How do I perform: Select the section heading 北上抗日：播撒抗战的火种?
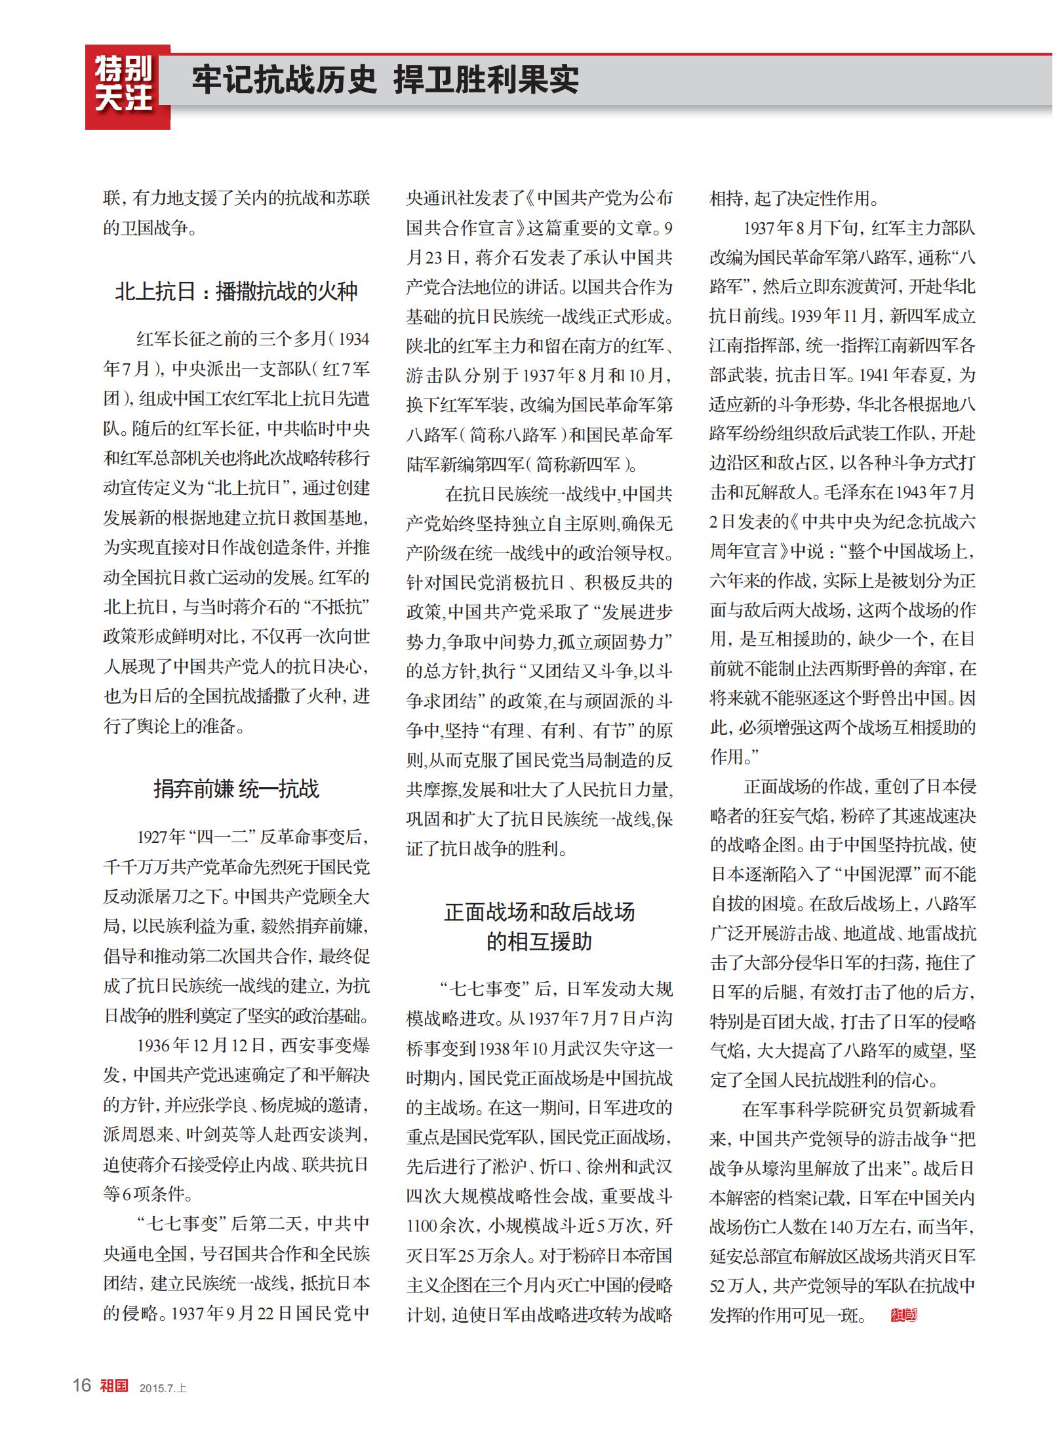[x=236, y=291]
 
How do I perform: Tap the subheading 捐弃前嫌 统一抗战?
[x=236, y=788]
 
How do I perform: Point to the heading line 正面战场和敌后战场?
[x=539, y=912]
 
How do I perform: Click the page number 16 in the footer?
[x=82, y=1385]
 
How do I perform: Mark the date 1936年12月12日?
[x=201, y=1045]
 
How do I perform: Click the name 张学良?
[x=222, y=1104]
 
